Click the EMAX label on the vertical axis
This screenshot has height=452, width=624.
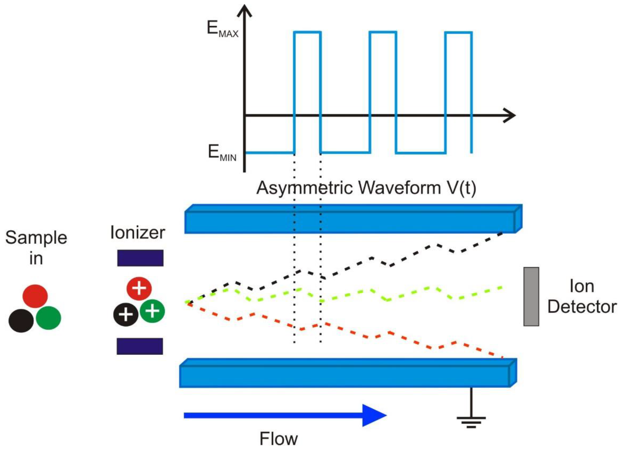(x=222, y=29)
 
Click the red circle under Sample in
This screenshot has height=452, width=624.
(x=35, y=296)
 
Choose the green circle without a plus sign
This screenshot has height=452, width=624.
(x=48, y=318)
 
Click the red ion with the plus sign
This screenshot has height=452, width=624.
(x=139, y=289)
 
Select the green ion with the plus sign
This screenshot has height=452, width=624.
(x=152, y=311)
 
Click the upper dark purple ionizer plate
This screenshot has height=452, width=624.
(x=140, y=258)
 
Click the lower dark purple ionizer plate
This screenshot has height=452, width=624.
(x=140, y=346)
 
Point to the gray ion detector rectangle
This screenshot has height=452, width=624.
(x=531, y=296)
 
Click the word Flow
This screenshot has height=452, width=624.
(x=278, y=439)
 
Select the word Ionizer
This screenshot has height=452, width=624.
(x=137, y=233)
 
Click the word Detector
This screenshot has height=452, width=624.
(x=582, y=307)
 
